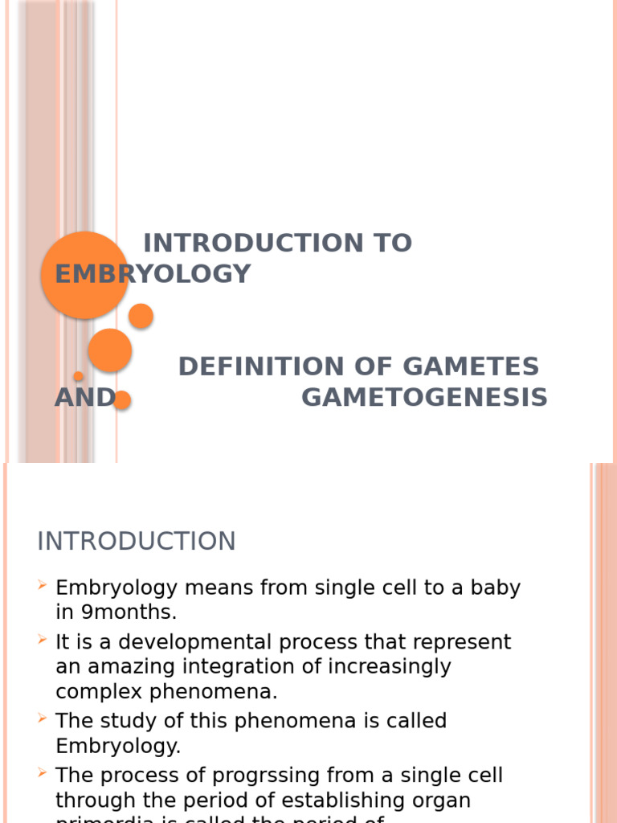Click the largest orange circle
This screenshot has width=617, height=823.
(84, 275)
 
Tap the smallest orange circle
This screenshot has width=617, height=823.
(79, 376)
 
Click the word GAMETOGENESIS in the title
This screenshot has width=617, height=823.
(424, 398)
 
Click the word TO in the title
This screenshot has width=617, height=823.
(392, 243)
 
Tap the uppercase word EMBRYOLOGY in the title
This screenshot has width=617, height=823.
(153, 274)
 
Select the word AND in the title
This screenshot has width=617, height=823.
(84, 398)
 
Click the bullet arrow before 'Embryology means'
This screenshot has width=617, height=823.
(43, 588)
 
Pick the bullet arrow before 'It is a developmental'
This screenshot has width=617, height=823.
(43, 641)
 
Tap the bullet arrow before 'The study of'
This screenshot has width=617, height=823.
(43, 720)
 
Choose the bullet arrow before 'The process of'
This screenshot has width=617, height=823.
(43, 774)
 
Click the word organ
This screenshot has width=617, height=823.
(441, 800)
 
